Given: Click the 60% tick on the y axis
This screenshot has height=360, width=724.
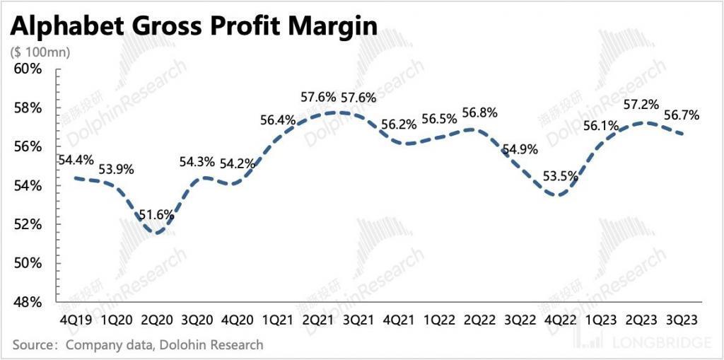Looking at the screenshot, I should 28,69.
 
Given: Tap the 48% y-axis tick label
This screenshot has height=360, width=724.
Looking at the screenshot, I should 28,302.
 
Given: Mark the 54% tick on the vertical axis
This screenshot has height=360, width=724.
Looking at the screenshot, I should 28,185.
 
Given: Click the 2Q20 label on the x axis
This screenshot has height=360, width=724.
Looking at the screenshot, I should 156,319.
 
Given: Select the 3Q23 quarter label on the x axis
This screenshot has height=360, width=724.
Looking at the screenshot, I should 682,319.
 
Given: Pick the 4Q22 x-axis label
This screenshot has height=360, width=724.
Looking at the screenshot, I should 562,319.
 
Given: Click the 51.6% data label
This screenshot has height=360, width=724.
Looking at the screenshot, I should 156,214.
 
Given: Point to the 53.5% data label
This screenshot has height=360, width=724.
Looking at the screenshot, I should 560,176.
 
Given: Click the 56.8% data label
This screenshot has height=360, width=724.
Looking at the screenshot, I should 480,112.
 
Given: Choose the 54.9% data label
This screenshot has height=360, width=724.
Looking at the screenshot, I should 520,149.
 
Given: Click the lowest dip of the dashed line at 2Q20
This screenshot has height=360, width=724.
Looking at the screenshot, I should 156,233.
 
